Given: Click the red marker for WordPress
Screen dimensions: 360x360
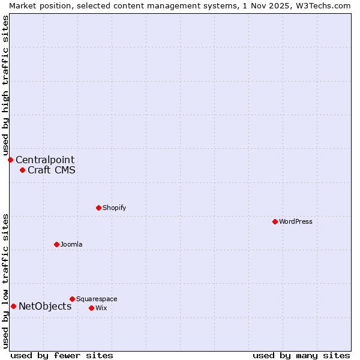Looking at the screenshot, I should [275, 221].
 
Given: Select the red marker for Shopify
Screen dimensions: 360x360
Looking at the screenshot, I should [98, 208].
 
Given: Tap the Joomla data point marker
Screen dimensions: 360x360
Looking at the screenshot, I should [56, 244].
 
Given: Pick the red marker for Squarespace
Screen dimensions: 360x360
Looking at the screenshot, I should [72, 299].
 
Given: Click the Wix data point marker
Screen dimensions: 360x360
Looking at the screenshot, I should [91, 308].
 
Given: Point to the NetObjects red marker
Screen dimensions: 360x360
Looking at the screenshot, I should [13, 307].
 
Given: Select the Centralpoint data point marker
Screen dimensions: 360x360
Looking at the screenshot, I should [10, 160].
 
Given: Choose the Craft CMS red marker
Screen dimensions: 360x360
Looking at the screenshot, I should [22, 170].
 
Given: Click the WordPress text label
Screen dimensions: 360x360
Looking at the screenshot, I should [296, 221].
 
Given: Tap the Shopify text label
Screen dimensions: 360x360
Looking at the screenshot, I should [114, 208].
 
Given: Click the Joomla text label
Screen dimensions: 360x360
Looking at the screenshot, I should [71, 244].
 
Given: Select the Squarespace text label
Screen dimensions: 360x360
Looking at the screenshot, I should [97, 299].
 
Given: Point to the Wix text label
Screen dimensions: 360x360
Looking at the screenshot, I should [101, 308].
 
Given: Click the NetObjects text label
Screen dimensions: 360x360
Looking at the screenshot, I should [45, 307].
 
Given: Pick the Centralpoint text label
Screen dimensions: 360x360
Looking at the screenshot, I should [45, 160].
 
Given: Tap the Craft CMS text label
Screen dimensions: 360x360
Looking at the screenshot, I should [52, 170].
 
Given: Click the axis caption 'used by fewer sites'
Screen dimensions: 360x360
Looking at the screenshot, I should [62, 355].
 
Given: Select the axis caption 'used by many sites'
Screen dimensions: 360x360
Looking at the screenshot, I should [301, 355].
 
